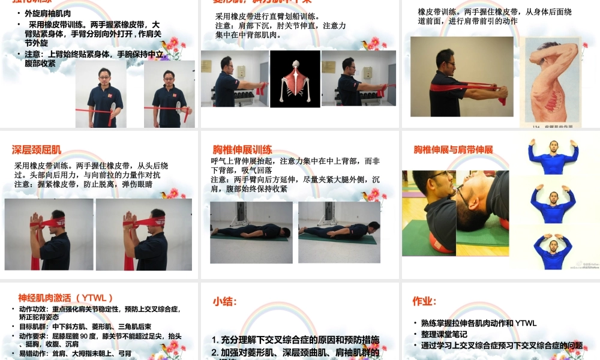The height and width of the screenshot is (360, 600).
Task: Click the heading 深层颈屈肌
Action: pos(37,150)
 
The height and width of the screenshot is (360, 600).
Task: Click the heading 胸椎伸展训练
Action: pos(242,150)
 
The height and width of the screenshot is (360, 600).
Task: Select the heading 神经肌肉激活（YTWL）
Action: pos(66,298)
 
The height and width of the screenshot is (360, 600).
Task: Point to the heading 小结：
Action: pos(225,301)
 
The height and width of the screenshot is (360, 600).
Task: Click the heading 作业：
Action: pos(424,301)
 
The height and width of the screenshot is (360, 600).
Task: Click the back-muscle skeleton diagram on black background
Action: pos(295,79)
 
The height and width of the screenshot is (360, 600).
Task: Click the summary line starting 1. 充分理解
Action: pos(295,340)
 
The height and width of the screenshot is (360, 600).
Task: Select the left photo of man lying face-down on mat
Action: pos(251,232)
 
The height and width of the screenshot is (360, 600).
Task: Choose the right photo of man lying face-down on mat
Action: pos(339,232)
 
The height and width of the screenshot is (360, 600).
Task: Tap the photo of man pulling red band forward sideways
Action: pos(461,77)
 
